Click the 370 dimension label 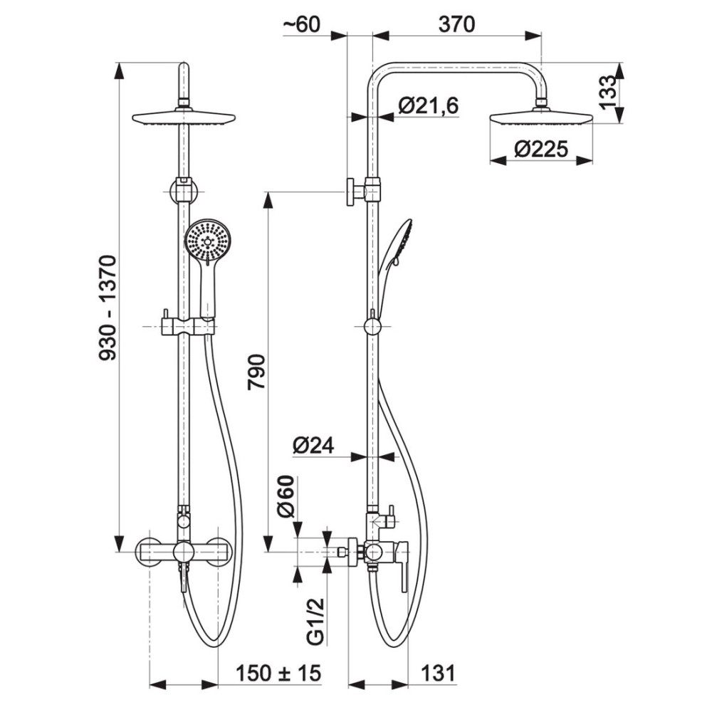pyautogui.click(x=457, y=24)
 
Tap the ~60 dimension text pyautogui.click(x=301, y=24)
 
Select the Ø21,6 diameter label pyautogui.click(x=429, y=105)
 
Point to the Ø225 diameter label pyautogui.click(x=541, y=149)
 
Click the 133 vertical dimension pyautogui.click(x=609, y=93)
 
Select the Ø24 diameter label pyautogui.click(x=313, y=445)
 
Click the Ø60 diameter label pyautogui.click(x=286, y=496)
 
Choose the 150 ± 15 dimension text pyautogui.click(x=278, y=673)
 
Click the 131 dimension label pyautogui.click(x=438, y=673)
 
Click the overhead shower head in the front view pyautogui.click(x=184, y=117)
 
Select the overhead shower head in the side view pyautogui.click(x=541, y=117)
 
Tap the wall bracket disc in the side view pyautogui.click(x=351, y=192)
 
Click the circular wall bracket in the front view pyautogui.click(x=184, y=192)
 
